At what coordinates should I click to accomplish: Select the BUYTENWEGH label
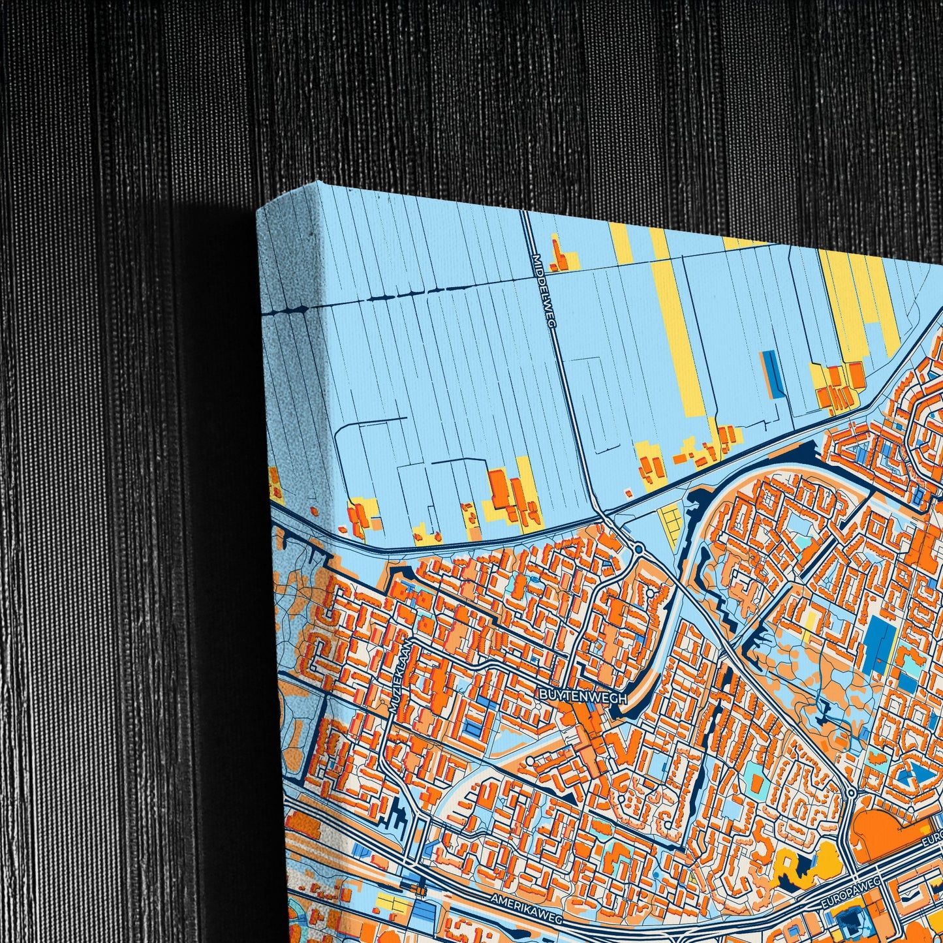pyautogui.click(x=582, y=698)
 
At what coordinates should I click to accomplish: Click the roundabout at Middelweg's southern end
pyautogui.click(x=639, y=548)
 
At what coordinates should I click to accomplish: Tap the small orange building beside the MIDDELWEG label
pyautogui.click(x=558, y=257)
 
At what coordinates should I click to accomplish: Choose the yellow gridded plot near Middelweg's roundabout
pyautogui.click(x=670, y=526)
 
